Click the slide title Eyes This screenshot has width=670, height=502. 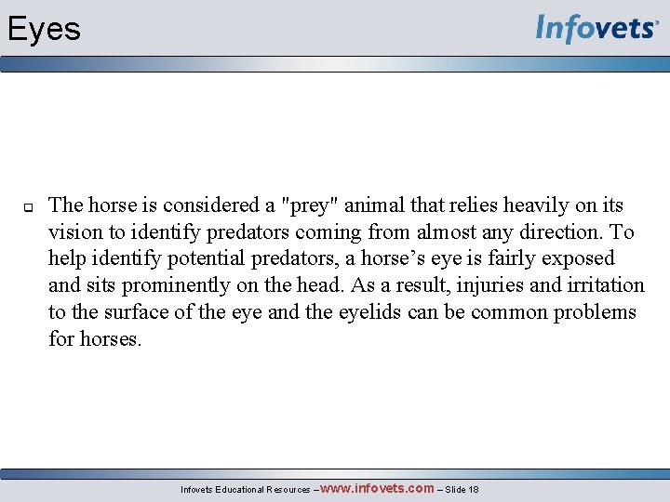(44, 30)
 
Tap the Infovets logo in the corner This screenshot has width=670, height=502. (596, 29)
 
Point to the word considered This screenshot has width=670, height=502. (207, 205)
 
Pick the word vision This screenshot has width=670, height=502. (76, 232)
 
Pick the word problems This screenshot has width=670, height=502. (596, 312)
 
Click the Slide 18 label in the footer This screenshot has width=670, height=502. (462, 490)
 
